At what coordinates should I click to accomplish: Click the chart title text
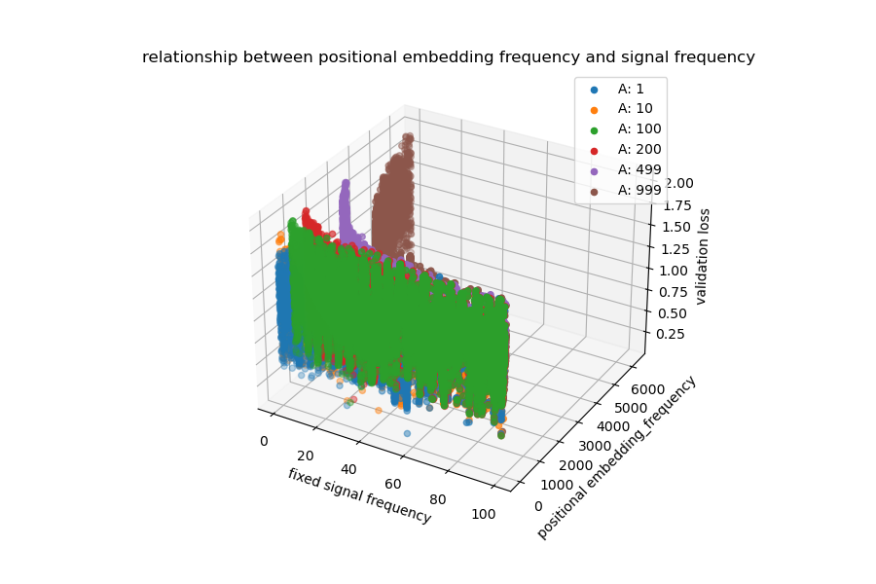(x=448, y=57)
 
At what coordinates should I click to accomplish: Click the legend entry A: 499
(x=639, y=169)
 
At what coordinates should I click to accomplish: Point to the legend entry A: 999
(x=639, y=190)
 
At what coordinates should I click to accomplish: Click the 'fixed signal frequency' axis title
(x=359, y=495)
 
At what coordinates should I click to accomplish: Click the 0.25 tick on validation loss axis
(x=675, y=334)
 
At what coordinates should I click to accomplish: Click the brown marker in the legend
(x=594, y=191)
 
